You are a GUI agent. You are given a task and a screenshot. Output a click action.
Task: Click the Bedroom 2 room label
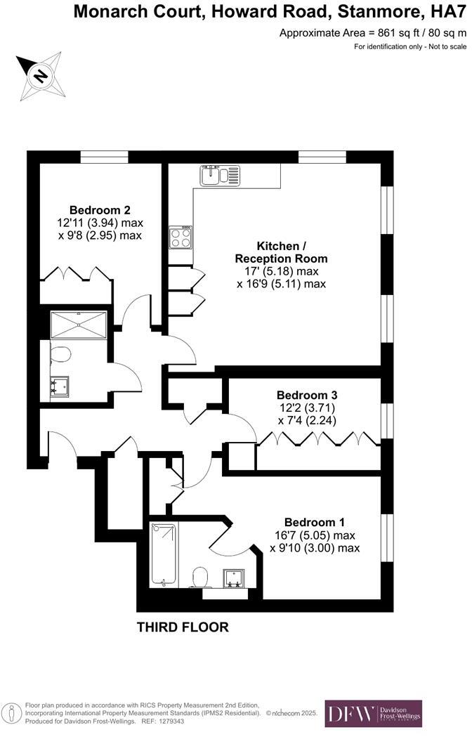[100, 209]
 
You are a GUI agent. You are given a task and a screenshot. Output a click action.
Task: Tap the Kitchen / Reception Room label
[281, 252]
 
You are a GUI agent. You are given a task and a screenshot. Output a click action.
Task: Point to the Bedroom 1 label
[314, 522]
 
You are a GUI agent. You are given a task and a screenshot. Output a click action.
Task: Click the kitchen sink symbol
[219, 175]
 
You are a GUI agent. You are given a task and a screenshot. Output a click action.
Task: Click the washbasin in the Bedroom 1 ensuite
[233, 577]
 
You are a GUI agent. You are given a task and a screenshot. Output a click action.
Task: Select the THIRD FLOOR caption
[183, 627]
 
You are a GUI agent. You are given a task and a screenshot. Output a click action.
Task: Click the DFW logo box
[372, 714]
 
